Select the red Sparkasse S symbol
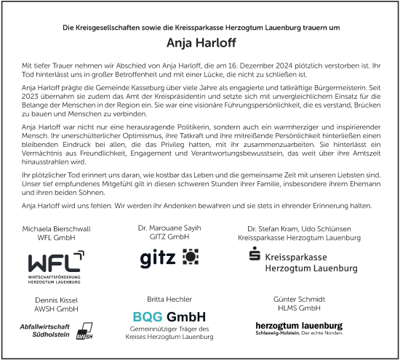click(254, 255)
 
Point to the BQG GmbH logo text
click(169, 316)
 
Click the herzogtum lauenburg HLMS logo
click(299, 327)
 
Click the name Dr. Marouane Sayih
click(169, 228)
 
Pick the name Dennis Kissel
click(57, 300)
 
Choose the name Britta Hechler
click(169, 299)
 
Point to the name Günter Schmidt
click(299, 300)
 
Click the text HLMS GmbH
click(299, 308)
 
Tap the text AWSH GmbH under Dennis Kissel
click(57, 308)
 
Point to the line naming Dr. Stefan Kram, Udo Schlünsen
click(299, 228)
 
